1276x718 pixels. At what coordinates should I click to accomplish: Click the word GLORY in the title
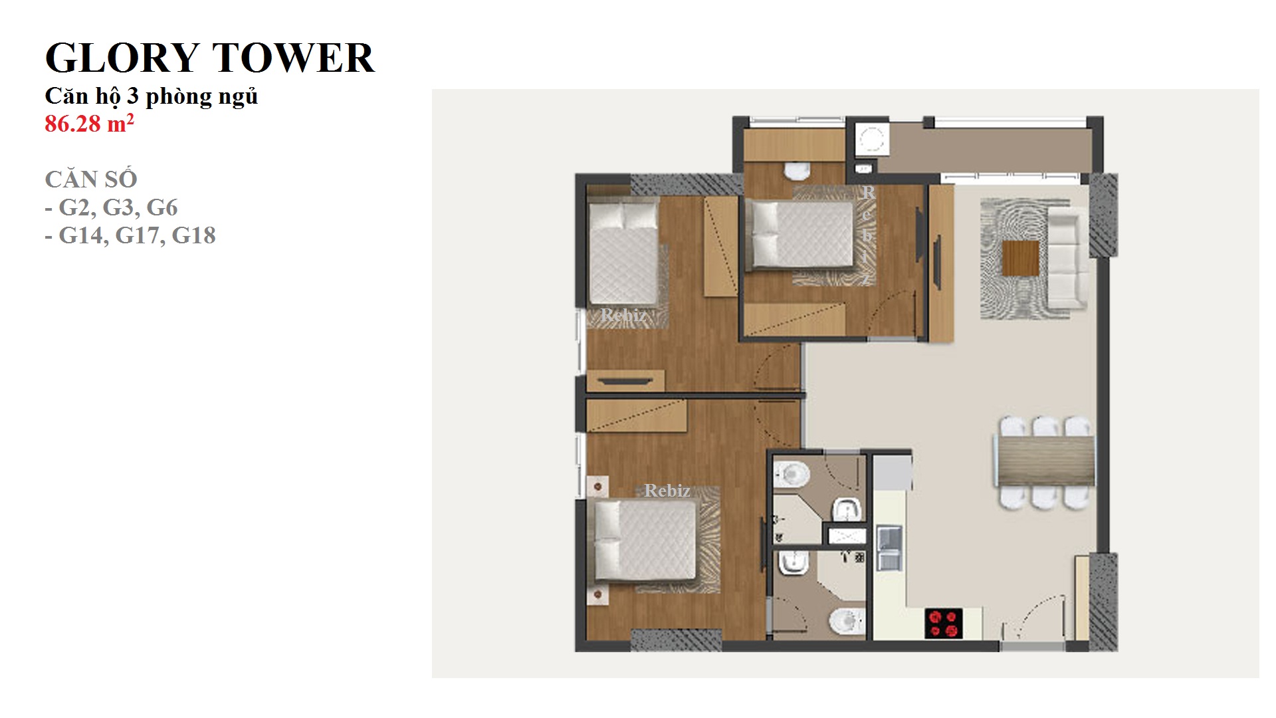tap(122, 58)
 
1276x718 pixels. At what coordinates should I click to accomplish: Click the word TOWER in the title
tap(293, 58)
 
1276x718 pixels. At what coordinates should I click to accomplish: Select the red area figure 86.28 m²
tap(89, 124)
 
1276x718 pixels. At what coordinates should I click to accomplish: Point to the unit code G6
tap(162, 207)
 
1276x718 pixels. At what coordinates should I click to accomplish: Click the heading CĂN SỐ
tap(91, 179)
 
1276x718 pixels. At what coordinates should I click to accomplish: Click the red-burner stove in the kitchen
tap(944, 624)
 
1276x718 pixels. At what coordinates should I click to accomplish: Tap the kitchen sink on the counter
tap(889, 548)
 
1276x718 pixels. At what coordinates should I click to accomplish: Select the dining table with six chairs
tap(1044, 462)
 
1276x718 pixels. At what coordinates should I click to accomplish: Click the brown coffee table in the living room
tap(1020, 258)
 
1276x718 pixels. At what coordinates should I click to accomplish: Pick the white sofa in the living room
tap(1067, 258)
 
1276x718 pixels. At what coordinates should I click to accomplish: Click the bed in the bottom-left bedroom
tap(645, 540)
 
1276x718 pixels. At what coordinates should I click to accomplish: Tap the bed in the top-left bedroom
tap(623, 253)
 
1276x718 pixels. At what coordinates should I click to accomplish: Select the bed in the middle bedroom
tap(799, 235)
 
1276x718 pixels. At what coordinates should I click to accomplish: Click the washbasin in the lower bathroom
tap(792, 564)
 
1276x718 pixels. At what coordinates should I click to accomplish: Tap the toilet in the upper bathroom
tap(791, 473)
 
